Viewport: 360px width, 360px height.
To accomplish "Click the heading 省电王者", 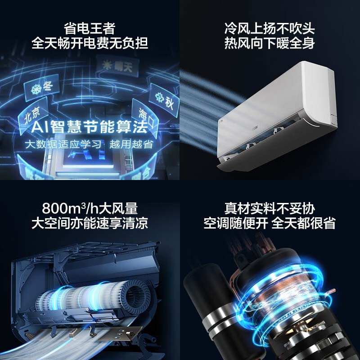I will pos(90,29).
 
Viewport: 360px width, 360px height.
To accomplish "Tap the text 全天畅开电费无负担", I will pos(90,44).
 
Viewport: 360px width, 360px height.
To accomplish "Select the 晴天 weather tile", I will pos(113,66).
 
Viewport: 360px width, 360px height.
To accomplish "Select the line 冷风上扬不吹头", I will pos(270,29).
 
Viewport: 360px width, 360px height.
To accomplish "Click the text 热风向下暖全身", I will pos(270,44).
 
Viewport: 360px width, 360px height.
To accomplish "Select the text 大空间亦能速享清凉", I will pos(90,224).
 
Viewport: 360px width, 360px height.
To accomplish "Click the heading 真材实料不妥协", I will pos(270,209).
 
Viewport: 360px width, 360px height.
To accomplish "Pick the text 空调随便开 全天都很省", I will pos(270,224).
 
